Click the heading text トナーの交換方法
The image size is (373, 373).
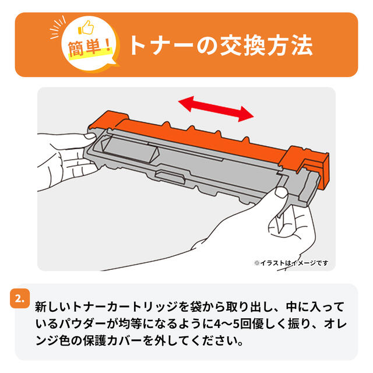coord(220,45)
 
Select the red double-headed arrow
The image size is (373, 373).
coord(216,108)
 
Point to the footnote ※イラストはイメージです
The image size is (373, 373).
coord(290,262)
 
